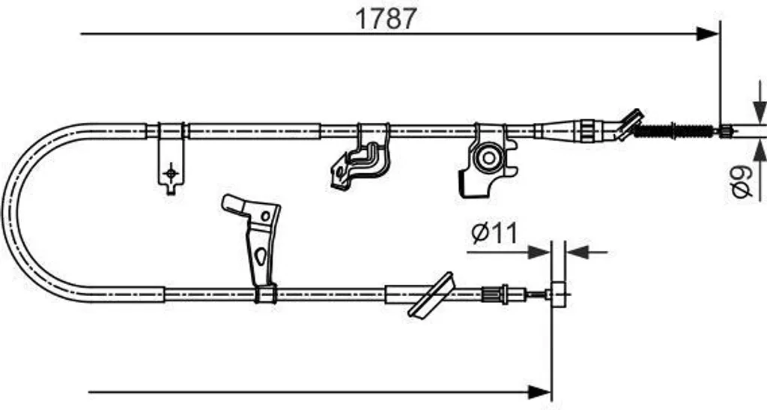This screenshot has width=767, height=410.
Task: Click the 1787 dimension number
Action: click(386, 19)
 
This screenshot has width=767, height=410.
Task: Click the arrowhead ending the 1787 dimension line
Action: click(708, 34)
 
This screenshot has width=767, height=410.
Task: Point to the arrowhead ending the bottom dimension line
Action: click(540, 392)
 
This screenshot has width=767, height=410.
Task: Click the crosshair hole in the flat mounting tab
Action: click(171, 173)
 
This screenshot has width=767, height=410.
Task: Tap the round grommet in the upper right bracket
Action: click(488, 158)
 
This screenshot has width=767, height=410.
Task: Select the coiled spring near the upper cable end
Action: click(674, 130)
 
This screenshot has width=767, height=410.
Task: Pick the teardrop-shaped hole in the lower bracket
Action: click(261, 256)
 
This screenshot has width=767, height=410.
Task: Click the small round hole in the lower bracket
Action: click(266, 216)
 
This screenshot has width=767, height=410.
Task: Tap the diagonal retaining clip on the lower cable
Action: click(431, 295)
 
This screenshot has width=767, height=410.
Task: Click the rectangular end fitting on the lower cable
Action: click(559, 295)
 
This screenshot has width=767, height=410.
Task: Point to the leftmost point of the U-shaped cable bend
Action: click(4, 211)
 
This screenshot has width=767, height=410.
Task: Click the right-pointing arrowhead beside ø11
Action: click(539, 253)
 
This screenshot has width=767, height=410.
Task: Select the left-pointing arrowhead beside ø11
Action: click(577, 253)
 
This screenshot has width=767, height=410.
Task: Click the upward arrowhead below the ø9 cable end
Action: click(760, 150)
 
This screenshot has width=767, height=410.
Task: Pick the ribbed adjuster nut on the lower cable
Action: click(492, 295)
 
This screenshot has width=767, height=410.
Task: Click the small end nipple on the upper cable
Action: click(726, 130)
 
